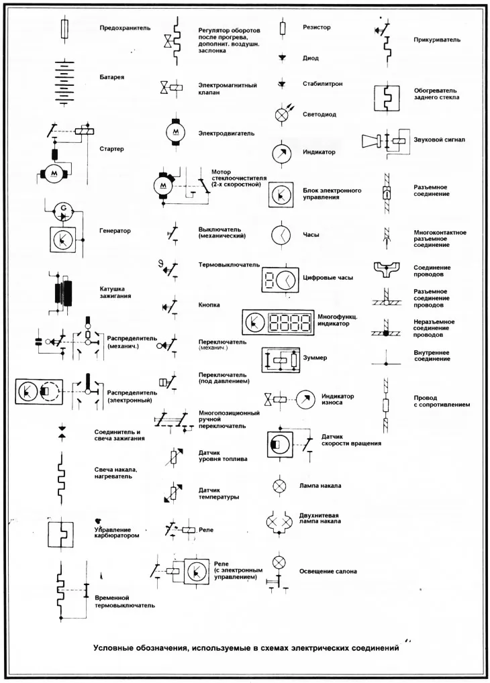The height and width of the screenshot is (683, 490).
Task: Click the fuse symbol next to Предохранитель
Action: (64, 29)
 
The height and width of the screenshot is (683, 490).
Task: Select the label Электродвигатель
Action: (226, 134)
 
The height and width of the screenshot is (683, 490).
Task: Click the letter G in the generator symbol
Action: (63, 207)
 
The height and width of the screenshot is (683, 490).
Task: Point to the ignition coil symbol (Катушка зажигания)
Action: (63, 293)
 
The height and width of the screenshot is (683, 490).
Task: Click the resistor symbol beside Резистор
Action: (283, 28)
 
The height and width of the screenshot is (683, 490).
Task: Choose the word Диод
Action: (311, 58)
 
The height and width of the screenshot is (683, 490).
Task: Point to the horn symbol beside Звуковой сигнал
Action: (385, 140)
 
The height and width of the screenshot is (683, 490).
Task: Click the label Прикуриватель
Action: (437, 40)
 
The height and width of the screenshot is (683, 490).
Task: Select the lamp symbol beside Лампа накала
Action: (279, 485)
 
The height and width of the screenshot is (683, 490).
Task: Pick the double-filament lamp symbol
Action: (279, 521)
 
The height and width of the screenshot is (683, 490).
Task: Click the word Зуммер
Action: (315, 358)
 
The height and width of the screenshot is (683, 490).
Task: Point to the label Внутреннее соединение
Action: (431, 356)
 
